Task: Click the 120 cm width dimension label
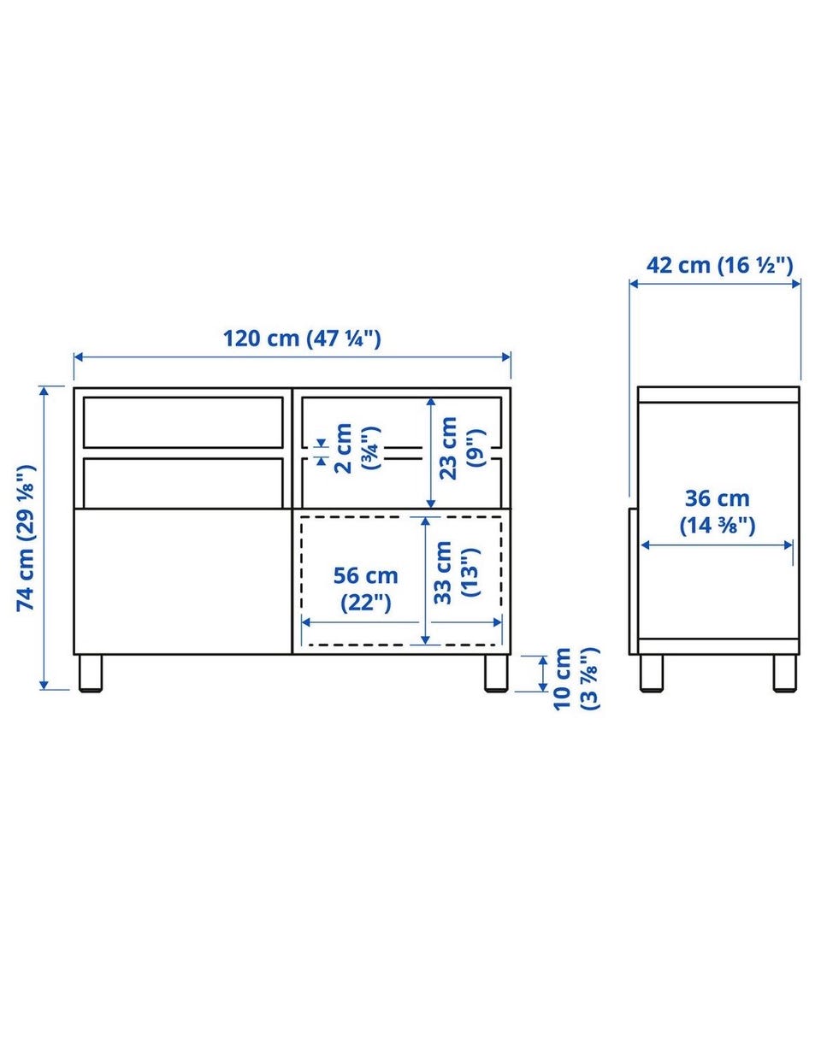[x=302, y=338]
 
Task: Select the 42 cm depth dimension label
[x=719, y=265]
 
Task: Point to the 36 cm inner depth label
[x=718, y=512]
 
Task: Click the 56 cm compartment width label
[x=365, y=589]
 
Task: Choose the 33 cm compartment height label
[x=457, y=573]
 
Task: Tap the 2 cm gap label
[x=357, y=448]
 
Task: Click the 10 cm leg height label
[x=576, y=679]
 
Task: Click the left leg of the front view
[x=91, y=673]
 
